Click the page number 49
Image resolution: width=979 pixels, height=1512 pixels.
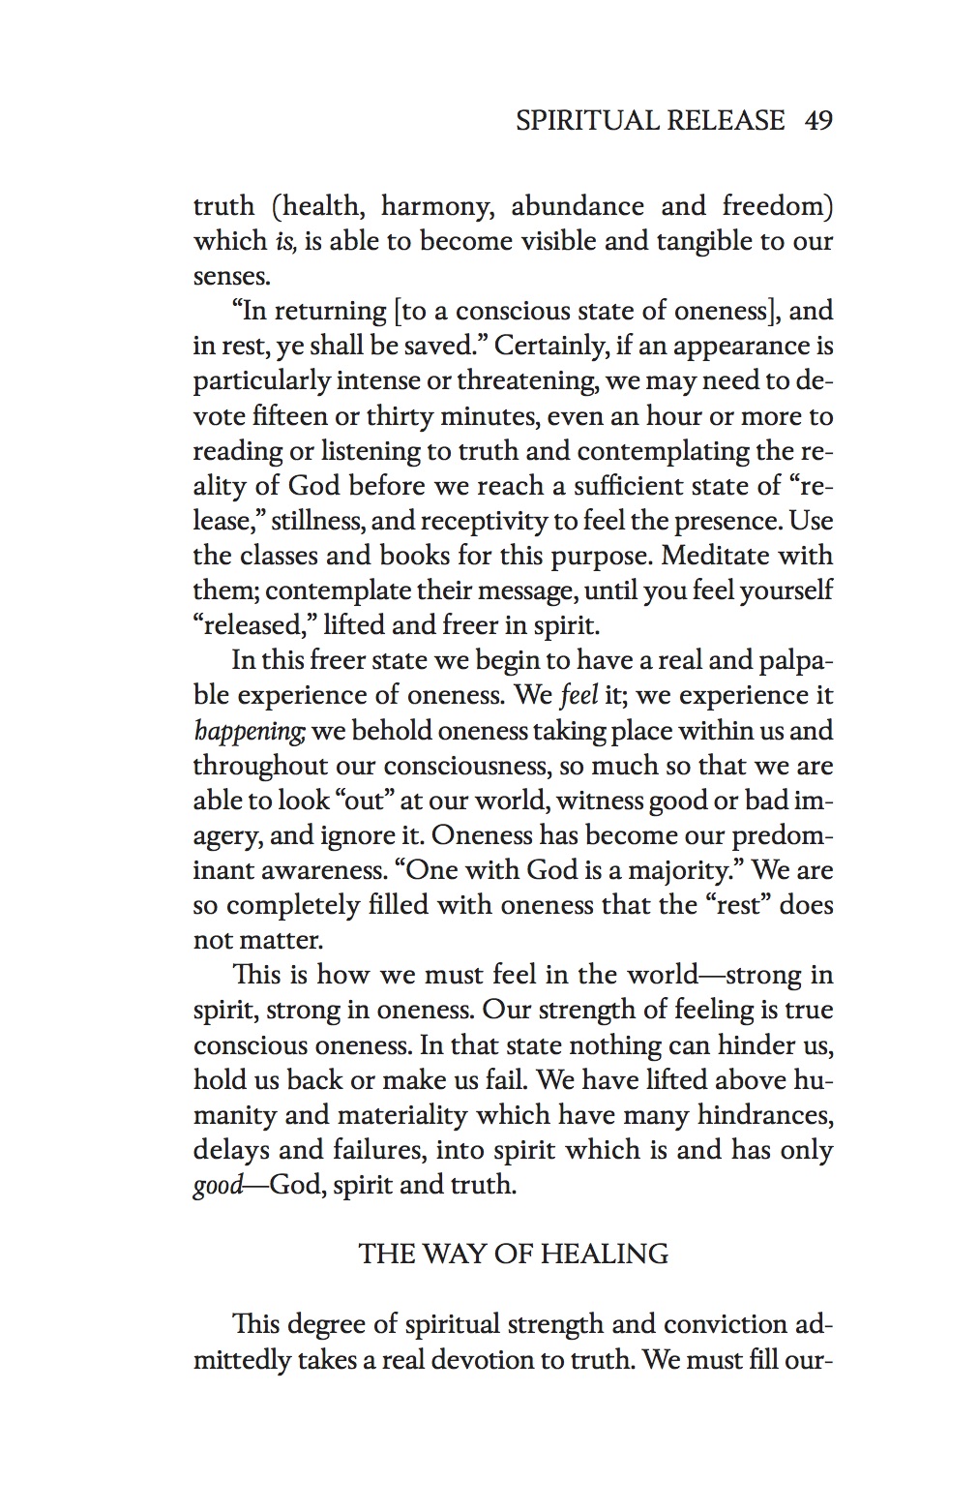818,121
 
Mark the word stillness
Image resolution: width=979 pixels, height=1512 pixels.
316,521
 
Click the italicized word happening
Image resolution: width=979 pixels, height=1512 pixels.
249,731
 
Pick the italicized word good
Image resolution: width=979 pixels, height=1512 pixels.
218,1186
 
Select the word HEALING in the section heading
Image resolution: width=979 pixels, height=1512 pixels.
605,1255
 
